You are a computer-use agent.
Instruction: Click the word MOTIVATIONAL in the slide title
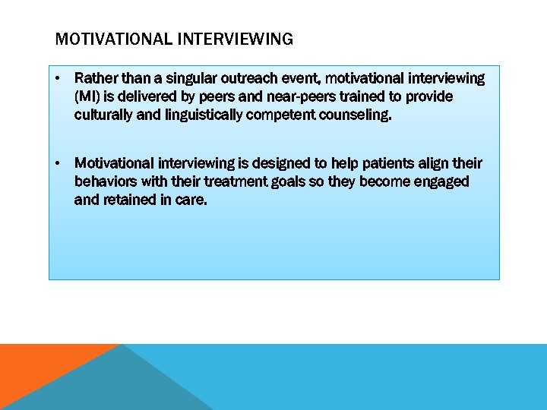point(104,39)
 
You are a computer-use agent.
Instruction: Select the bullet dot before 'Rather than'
point(58,78)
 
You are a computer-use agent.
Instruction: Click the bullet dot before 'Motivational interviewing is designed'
point(58,164)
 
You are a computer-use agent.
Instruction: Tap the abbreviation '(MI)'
point(87,96)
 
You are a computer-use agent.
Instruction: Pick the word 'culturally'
point(103,115)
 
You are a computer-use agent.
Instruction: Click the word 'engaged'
point(443,182)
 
